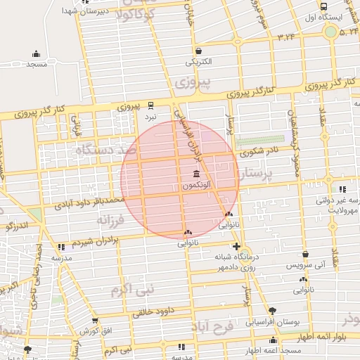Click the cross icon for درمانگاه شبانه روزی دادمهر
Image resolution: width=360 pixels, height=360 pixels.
pos(237,247)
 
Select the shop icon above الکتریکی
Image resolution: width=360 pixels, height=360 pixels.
pos(198,51)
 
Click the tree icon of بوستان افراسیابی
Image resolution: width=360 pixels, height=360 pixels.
pos(272,311)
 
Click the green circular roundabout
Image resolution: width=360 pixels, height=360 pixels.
pos(330,32)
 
